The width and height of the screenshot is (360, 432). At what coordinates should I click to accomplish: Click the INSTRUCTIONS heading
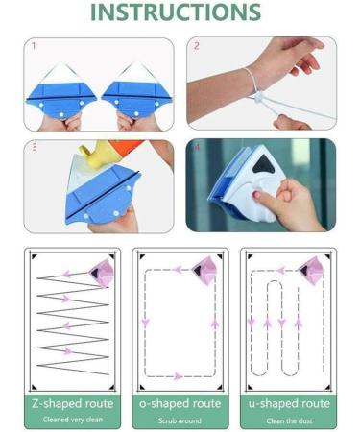[x=179, y=13]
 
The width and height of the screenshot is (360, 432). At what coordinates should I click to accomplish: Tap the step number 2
[x=196, y=45]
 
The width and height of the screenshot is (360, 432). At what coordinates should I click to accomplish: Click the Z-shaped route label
[x=72, y=403]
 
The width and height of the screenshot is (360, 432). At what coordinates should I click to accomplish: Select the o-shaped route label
[x=180, y=403]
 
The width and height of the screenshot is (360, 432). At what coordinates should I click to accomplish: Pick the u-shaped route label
[x=288, y=403]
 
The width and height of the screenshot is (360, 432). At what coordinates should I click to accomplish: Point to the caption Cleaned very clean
[x=72, y=420]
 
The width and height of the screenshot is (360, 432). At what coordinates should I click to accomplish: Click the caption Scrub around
[x=180, y=420]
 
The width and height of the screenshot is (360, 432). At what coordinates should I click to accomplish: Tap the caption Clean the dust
[x=288, y=420]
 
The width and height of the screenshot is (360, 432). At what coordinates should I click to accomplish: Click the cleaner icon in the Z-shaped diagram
[x=103, y=273]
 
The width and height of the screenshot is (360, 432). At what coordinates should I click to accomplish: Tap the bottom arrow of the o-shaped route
[x=179, y=375]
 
